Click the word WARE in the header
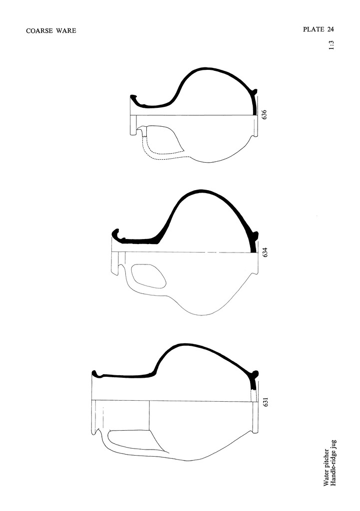66,31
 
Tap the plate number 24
331,29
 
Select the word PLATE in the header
314,29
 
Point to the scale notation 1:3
332,45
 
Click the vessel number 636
265,114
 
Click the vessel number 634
265,252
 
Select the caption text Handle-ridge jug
333,463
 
